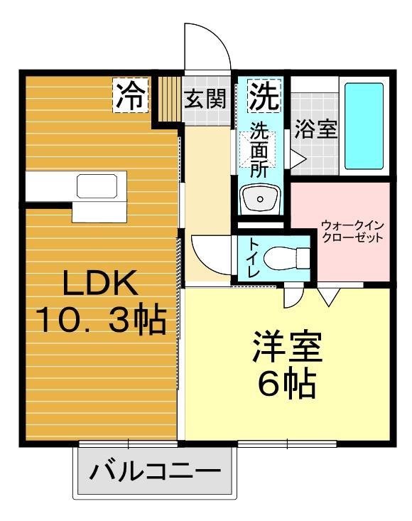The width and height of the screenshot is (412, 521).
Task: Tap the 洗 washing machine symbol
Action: [x=263, y=95]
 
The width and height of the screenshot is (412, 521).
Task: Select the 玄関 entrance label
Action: [x=206, y=99]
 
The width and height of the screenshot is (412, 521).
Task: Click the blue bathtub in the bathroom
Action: [x=364, y=127]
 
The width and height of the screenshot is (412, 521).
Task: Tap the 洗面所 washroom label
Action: [x=261, y=150]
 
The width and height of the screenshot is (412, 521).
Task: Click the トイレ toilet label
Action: [x=251, y=257]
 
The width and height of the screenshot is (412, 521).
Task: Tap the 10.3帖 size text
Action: [x=100, y=321]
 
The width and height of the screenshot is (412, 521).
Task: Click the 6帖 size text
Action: [x=287, y=385]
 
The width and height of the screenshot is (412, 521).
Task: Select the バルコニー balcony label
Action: [x=156, y=472]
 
